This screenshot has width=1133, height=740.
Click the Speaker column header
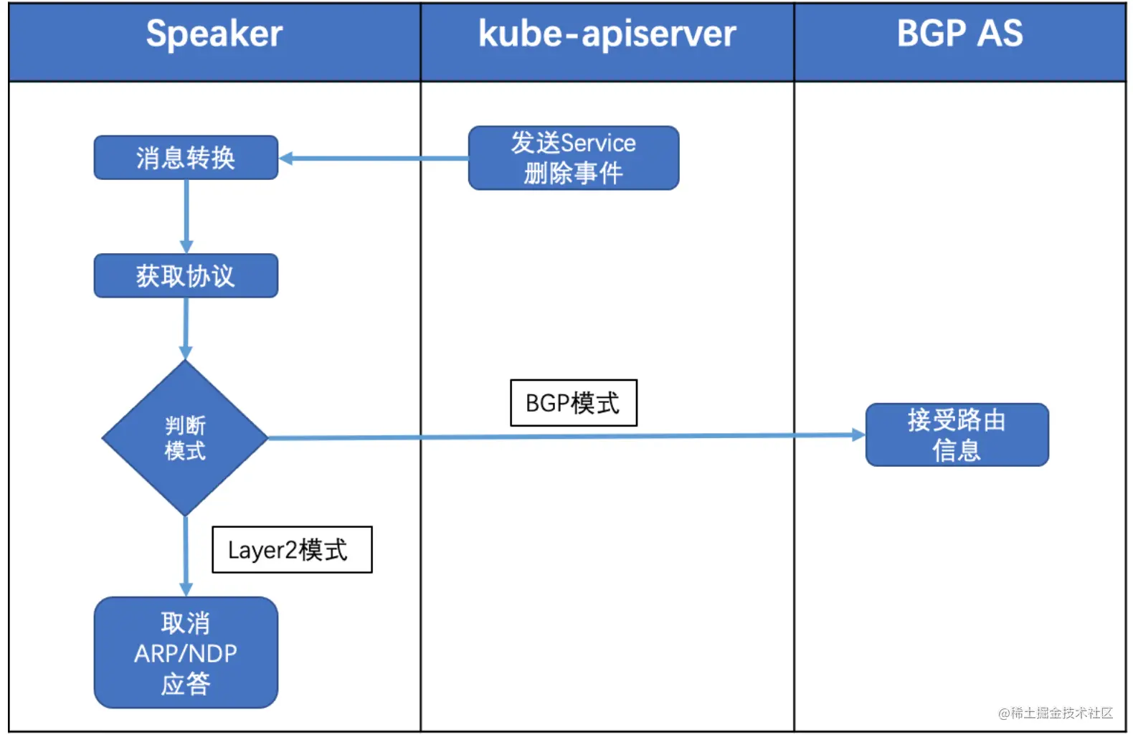coord(214,34)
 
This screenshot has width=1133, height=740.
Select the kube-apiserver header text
coord(607,34)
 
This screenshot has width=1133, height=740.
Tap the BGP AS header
coord(959,34)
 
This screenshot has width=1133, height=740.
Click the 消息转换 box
coord(186,158)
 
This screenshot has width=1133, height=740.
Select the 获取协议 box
coord(186,276)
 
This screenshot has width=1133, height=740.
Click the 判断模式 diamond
coord(185,438)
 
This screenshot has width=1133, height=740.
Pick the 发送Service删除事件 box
coord(574,158)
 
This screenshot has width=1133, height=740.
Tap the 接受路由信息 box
coord(957,435)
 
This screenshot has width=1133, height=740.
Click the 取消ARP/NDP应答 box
coord(186,653)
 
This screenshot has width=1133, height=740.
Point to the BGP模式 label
coord(573,403)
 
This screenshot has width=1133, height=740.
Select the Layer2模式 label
coord(292,550)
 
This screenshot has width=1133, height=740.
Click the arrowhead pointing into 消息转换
coord(286,158)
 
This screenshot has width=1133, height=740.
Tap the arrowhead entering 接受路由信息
coord(858,435)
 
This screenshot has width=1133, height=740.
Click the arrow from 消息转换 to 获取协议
coord(186,215)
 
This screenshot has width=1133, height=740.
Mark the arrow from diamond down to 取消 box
coord(186,556)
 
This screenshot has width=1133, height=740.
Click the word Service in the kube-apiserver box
coord(598,143)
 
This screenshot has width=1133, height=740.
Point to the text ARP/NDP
coord(186,654)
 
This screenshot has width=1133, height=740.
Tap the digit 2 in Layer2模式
coord(291,551)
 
